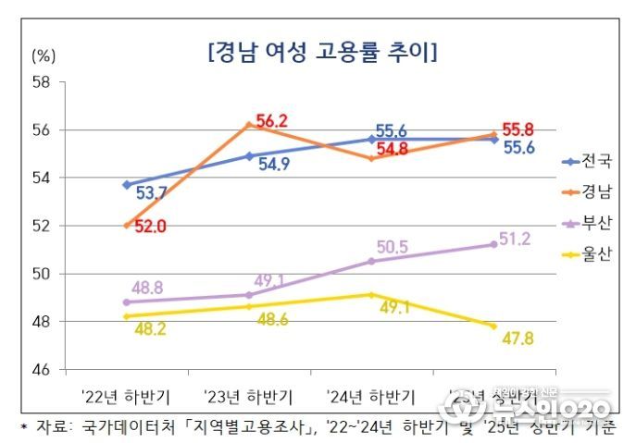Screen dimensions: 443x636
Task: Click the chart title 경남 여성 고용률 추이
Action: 323,51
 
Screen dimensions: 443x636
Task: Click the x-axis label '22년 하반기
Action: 125,396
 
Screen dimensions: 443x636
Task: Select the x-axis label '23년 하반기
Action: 248,396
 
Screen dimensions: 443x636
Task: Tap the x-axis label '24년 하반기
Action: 371,396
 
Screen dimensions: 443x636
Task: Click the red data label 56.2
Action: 272,121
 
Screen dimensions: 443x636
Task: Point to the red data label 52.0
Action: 149,226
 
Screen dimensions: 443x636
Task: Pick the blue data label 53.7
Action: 152,193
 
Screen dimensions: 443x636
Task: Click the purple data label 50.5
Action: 392,247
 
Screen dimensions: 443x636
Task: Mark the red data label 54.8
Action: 393,149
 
